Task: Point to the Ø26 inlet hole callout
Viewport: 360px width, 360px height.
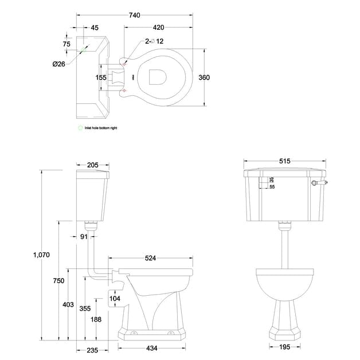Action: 58,64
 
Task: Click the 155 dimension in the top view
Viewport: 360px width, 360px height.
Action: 101,77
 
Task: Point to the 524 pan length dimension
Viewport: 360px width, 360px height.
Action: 150,259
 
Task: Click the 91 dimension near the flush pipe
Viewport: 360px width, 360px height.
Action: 84,236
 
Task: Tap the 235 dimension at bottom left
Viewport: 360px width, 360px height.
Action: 92,350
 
